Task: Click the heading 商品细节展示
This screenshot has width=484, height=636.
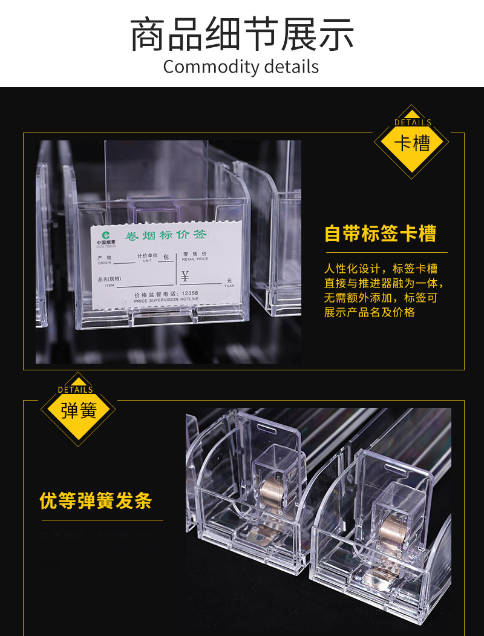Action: [x=242, y=35]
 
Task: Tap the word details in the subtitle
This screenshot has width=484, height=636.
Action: [x=290, y=67]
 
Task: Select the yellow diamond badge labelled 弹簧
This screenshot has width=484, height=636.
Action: [x=78, y=411]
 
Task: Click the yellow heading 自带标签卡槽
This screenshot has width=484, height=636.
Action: [x=380, y=234]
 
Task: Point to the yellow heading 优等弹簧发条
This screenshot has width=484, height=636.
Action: [x=96, y=501]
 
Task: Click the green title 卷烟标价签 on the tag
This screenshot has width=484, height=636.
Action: [x=165, y=236]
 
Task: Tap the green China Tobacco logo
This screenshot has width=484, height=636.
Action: [x=106, y=235]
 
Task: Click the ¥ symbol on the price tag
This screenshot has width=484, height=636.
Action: [x=185, y=277]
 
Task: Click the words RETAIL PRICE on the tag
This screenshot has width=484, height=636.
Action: [x=195, y=258]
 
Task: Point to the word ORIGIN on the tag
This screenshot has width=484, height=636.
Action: [x=104, y=263]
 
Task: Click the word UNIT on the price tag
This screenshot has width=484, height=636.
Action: [x=147, y=261]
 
